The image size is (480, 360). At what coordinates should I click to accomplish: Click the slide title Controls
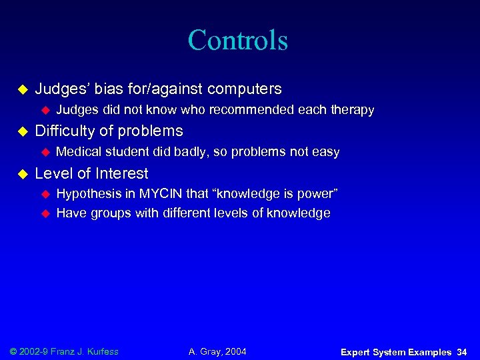tap(238, 40)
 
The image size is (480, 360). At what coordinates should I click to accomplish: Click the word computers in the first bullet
tap(245, 89)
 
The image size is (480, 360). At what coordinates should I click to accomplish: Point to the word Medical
tap(79, 152)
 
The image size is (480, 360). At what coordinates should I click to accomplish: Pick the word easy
tap(326, 152)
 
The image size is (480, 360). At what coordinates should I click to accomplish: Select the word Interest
tap(122, 173)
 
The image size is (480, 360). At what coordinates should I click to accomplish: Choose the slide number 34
tap(461, 351)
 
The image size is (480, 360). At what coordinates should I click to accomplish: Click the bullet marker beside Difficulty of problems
tap(21, 131)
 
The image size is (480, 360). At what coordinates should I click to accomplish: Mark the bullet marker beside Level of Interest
tap(21, 174)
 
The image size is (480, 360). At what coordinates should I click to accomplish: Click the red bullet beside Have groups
tap(46, 214)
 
